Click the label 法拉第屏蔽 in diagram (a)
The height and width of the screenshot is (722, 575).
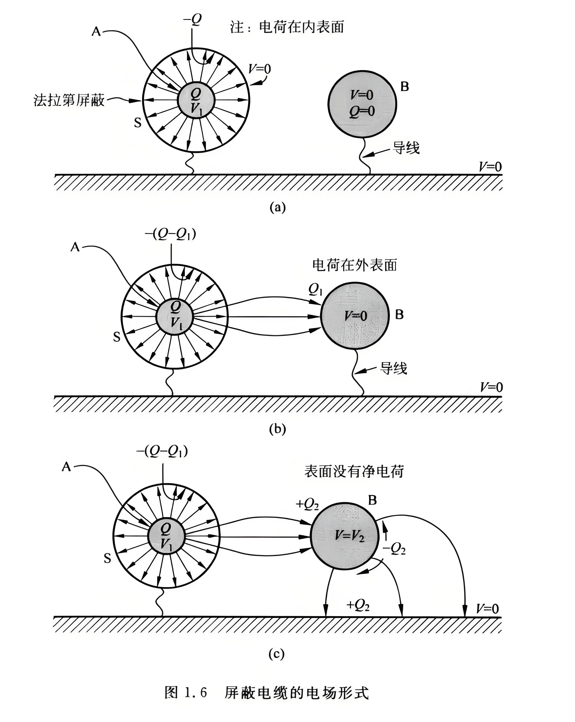click(x=69, y=100)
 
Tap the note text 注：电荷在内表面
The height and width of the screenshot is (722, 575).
click(x=287, y=27)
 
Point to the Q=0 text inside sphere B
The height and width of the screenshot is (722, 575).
click(x=361, y=111)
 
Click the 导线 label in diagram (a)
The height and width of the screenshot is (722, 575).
click(x=406, y=148)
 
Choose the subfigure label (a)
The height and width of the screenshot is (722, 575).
click(x=278, y=207)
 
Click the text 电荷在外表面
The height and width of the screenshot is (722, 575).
click(x=354, y=265)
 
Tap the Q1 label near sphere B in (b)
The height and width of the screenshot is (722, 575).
click(x=315, y=290)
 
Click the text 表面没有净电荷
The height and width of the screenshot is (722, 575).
click(x=354, y=472)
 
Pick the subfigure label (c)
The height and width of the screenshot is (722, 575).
click(x=277, y=653)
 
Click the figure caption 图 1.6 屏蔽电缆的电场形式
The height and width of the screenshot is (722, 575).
click(x=267, y=693)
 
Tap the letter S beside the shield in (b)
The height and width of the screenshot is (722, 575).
click(x=116, y=337)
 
